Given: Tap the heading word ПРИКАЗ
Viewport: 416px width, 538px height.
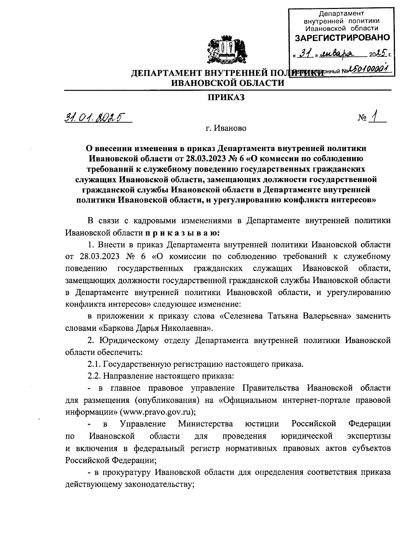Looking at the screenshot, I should (226, 98).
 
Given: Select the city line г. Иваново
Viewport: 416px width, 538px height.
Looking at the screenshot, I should (226, 129).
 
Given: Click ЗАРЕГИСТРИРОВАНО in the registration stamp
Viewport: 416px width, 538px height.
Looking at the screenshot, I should (342, 37).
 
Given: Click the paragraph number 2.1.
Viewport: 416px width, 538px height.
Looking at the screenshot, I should (94, 364).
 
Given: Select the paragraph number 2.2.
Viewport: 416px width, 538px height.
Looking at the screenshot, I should (94, 376).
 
